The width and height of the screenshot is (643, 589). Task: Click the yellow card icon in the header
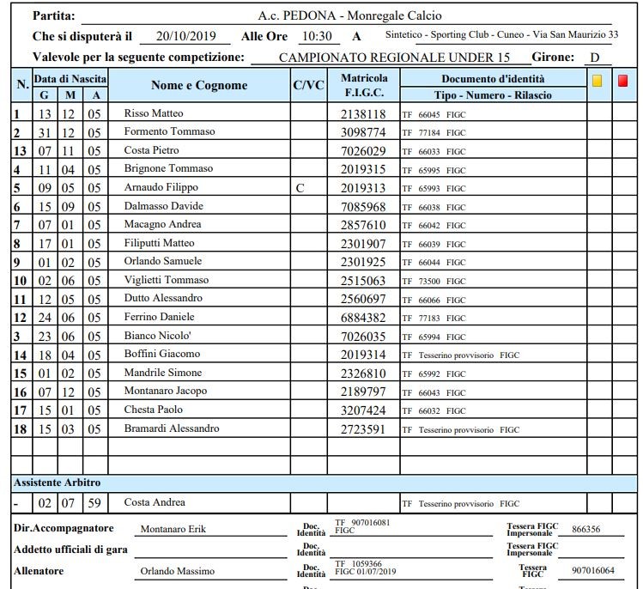[x=598, y=81]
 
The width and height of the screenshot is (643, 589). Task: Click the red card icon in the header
[x=622, y=81]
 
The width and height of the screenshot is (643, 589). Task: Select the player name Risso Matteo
[x=154, y=113]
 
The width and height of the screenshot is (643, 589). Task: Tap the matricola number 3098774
[x=363, y=132]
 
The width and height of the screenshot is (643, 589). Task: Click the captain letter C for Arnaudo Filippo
[x=299, y=187]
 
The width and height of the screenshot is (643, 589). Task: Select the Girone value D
[x=594, y=58]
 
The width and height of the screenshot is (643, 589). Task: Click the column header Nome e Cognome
[x=199, y=85]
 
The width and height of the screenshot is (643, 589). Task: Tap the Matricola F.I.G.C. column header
[x=364, y=85]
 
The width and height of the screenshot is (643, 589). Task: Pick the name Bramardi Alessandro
[x=172, y=428]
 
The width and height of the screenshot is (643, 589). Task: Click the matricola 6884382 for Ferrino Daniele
[x=363, y=318]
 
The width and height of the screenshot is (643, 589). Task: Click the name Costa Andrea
[x=155, y=502]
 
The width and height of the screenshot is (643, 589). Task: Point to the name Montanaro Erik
[x=173, y=529]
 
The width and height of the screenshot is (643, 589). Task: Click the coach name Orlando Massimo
[x=178, y=571]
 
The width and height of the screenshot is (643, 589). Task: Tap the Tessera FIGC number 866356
[x=585, y=529]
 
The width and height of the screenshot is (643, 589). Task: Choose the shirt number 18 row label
[x=20, y=429]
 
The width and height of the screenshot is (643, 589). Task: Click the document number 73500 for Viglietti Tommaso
[x=429, y=281]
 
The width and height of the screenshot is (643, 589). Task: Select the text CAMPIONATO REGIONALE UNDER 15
[x=392, y=58]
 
